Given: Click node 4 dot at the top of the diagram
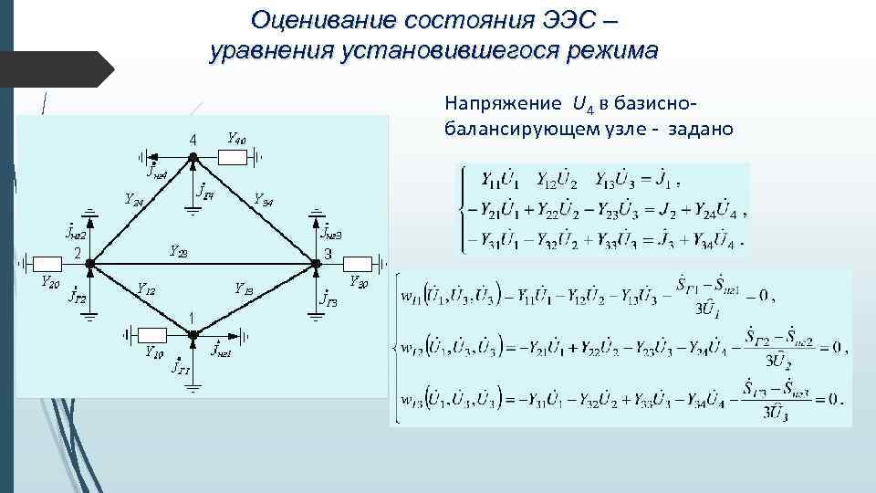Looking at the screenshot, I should [x=193, y=157].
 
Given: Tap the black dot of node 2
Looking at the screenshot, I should [x=89, y=263].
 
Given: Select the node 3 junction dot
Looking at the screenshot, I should [x=317, y=263].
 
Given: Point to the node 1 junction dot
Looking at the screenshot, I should [x=193, y=333].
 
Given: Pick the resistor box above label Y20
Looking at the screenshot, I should [x=47, y=263].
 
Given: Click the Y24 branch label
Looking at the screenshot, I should [x=132, y=200].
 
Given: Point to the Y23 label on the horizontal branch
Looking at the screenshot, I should [x=179, y=251].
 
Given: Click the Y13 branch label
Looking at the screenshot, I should [x=244, y=289].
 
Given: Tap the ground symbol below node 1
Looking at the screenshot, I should [x=193, y=386].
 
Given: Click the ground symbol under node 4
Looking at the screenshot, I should [x=193, y=208].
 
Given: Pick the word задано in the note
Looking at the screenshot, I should [x=699, y=128].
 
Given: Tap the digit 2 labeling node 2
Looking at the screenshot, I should [x=78, y=253].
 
